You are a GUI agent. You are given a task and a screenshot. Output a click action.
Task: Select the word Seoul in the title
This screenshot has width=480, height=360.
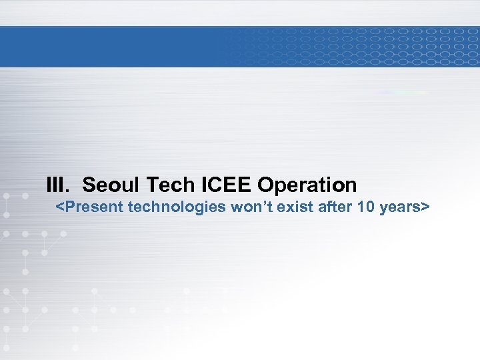pyautogui.click(x=109, y=184)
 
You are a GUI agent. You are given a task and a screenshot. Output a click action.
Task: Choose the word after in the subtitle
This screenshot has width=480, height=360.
pyautogui.click(x=335, y=207)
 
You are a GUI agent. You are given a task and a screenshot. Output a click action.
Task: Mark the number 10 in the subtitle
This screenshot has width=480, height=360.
pyautogui.click(x=365, y=207)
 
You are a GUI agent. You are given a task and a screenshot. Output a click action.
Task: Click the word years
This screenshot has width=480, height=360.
pyautogui.click(x=399, y=207)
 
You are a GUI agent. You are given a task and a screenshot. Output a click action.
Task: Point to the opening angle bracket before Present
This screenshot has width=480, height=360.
pyautogui.click(x=59, y=207)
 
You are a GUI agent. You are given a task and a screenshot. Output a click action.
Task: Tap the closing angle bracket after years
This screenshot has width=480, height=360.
pyautogui.click(x=424, y=207)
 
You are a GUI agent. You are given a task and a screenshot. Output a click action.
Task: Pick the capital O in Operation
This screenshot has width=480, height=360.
pyautogui.click(x=265, y=184)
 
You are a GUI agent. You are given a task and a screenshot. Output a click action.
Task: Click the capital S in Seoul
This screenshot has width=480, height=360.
pyautogui.click(x=89, y=184)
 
